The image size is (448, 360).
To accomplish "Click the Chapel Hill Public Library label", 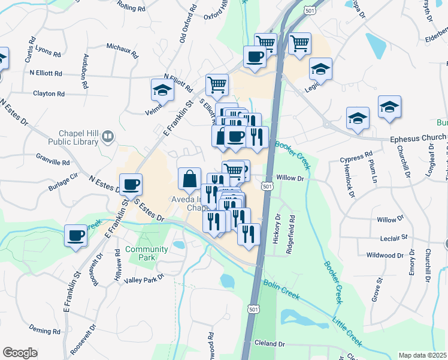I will click(78, 137).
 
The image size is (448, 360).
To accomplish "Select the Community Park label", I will click(147, 253).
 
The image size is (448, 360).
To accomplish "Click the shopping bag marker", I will click(189, 178).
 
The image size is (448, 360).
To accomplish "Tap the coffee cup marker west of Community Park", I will click(77, 236).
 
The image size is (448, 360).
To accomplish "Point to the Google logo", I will click(20, 353).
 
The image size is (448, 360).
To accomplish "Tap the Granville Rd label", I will click(53, 162).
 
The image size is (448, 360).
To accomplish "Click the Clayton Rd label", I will click(49, 94).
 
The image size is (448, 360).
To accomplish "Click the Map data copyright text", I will click(422, 355).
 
